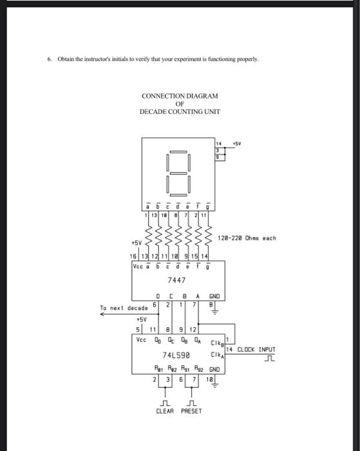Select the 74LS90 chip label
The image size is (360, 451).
175,354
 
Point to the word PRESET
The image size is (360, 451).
192,410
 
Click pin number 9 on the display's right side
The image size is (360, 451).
218,157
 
